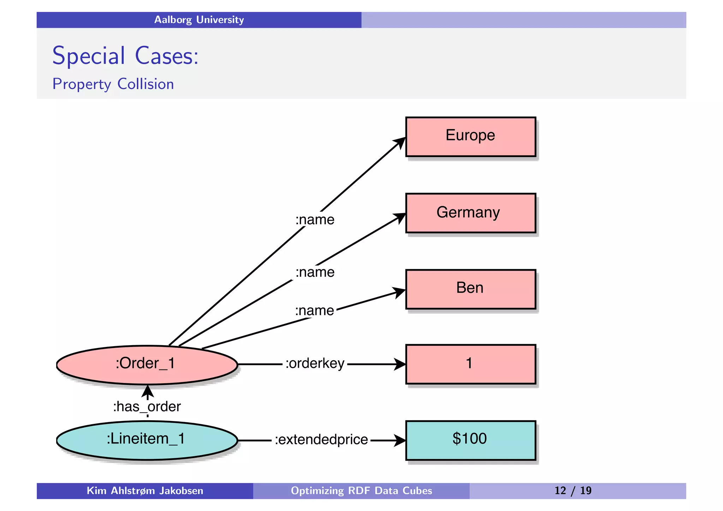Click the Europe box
point(470,137)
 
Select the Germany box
point(470,213)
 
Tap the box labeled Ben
point(470,289)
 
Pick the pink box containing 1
point(470,364)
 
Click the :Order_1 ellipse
point(147,364)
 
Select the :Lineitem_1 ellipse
point(147,440)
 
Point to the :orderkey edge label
point(315,363)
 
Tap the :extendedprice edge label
point(321,440)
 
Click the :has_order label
point(147,407)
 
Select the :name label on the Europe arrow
point(315,220)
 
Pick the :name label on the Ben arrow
point(314,311)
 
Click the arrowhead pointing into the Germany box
point(400,217)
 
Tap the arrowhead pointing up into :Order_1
point(147,391)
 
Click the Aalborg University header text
point(199,20)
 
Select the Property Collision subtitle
point(113,84)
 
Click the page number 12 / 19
point(573,491)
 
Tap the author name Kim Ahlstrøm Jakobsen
point(145,491)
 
